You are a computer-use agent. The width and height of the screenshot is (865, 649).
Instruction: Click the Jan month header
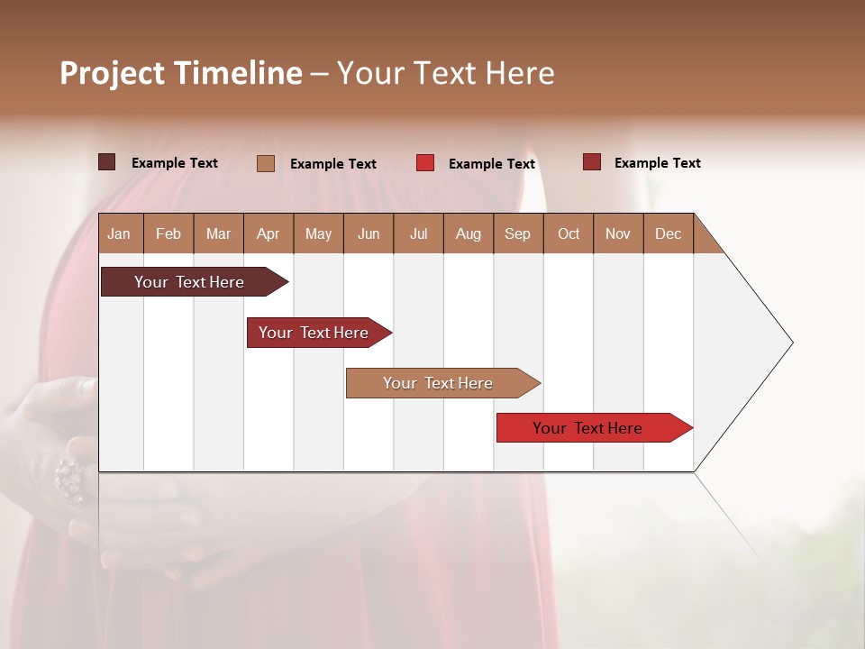pyautogui.click(x=119, y=233)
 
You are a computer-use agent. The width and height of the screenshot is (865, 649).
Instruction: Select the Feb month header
pyautogui.click(x=168, y=233)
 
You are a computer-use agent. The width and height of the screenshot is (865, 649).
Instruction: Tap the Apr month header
pyautogui.click(x=268, y=233)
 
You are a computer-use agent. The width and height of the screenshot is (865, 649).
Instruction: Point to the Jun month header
pyautogui.click(x=369, y=233)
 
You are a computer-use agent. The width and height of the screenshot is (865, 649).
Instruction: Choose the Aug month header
pyautogui.click(x=468, y=233)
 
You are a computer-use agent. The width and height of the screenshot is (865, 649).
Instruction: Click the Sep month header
pyautogui.click(x=517, y=233)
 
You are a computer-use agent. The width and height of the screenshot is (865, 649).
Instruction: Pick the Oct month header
pyautogui.click(x=569, y=233)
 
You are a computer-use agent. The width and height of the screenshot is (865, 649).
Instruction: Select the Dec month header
pyautogui.click(x=668, y=233)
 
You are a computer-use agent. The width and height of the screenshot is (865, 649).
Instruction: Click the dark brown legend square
pyautogui.click(x=107, y=162)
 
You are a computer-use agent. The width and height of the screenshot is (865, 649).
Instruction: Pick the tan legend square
pyautogui.click(x=266, y=163)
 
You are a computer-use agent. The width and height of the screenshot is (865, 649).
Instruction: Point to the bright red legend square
pyautogui.click(x=425, y=163)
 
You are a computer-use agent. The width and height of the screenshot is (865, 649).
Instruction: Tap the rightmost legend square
pyautogui.click(x=591, y=162)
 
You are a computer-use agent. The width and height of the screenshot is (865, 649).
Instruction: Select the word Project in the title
pyautogui.click(x=112, y=73)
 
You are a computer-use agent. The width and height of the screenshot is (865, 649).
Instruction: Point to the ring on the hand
pyautogui.click(x=69, y=478)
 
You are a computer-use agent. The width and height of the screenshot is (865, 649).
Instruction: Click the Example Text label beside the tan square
pyautogui.click(x=332, y=163)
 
